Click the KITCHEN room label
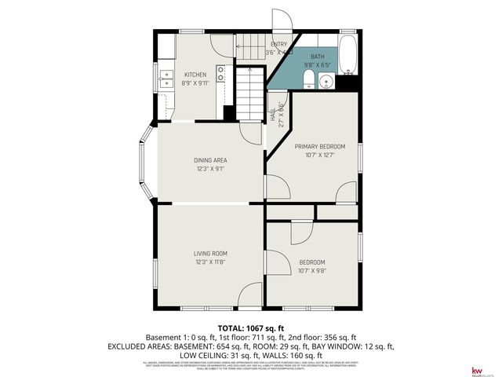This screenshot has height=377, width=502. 195,75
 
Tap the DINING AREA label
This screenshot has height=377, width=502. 210,160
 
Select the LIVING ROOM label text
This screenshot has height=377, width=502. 210,253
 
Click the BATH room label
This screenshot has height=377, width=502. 317,57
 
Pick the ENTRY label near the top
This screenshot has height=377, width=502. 279,44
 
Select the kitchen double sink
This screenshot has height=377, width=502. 166,78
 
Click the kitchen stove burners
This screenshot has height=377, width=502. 221,74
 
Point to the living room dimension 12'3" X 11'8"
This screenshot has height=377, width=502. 210,262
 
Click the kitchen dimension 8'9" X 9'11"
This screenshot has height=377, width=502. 195,84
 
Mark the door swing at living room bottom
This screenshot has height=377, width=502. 249,294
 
